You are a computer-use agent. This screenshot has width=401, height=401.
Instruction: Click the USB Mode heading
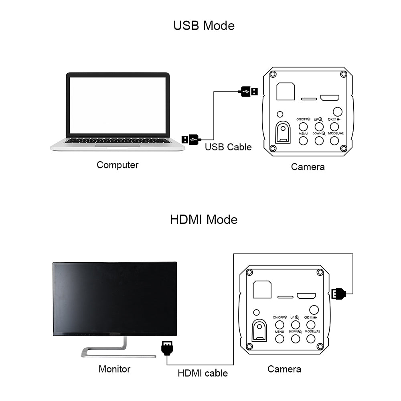204,25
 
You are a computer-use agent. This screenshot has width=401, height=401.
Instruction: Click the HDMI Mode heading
204,219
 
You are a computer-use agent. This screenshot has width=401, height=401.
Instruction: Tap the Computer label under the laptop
117,165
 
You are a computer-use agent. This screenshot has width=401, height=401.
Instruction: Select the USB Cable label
228,147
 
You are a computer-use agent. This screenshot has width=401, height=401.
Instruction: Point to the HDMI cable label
203,373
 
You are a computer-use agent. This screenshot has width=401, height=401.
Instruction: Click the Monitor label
114,369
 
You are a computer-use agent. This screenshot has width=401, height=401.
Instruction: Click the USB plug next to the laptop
190,139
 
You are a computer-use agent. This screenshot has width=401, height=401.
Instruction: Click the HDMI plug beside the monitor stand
167,347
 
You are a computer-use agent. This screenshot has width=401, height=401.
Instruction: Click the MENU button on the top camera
303,140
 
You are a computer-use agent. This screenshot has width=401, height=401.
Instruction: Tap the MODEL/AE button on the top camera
336,140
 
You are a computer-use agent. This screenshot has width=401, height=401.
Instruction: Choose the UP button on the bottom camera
296,324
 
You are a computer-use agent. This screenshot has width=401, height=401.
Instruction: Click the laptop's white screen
118,105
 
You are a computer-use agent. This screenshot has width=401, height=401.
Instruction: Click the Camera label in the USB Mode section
308,166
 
